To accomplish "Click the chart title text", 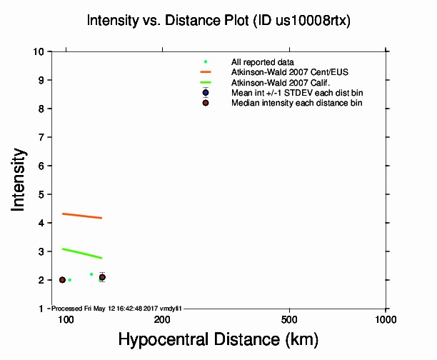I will coord(218,21).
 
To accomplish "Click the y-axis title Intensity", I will coord(20,179).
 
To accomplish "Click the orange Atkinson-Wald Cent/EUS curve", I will coord(82,216).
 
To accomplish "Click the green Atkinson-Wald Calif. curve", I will coord(82,253).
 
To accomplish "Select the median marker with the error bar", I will coord(102,277).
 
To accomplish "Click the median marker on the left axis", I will coord(62,280).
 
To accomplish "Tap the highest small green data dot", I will coord(91,274).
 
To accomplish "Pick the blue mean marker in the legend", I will coord(206,93).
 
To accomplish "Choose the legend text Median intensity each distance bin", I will coord(296,103).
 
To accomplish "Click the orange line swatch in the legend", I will coord(206,72).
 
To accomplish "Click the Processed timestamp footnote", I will coord(116,308).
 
